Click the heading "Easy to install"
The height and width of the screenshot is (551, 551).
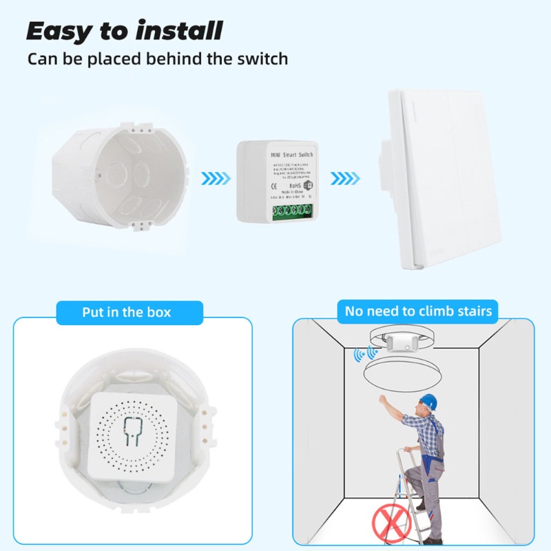pos(125,31)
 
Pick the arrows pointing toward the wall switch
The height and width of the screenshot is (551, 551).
pos(344,179)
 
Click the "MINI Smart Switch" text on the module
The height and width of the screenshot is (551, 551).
pos(283,155)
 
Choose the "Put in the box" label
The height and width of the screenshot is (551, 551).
pos(126,312)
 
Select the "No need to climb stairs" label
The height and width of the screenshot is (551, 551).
pos(419,311)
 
